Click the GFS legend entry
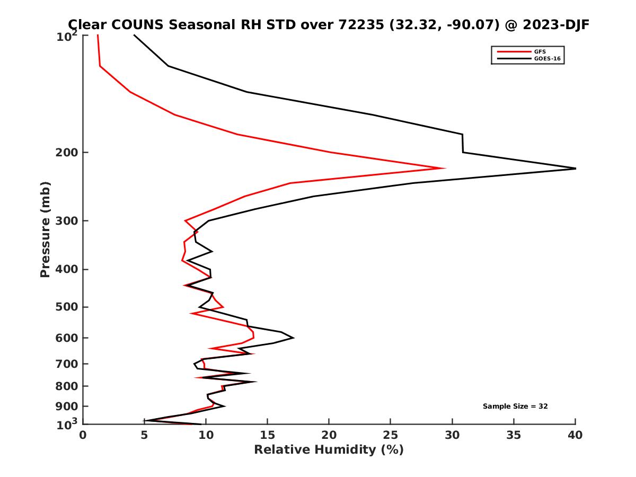pos(540,51)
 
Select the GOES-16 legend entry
pos(545,58)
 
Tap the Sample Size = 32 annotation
pos(515,407)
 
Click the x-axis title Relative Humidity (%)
pos(329,450)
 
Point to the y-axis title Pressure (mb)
pos(45,229)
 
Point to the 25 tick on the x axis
pos(391,435)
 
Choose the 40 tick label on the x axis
pos(575,435)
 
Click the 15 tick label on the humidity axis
pos(267,435)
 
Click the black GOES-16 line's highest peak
pos(575,169)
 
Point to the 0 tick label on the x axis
pos(83,435)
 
